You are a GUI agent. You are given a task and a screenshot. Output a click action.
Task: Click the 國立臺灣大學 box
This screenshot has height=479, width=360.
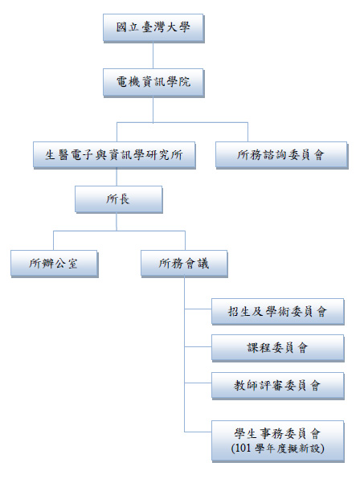coord(153,28)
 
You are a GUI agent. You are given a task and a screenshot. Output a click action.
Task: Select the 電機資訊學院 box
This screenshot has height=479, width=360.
coord(153,83)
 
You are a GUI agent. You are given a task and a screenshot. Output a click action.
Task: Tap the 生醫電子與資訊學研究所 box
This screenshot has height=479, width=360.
coord(114,155)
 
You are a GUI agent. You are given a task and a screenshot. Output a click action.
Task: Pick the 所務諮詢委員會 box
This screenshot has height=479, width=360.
coord(281,155)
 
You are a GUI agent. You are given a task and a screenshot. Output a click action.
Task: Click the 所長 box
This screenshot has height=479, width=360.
coord(119,199)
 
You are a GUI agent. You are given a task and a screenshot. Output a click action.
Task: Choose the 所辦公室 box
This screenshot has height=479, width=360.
coord(55,264)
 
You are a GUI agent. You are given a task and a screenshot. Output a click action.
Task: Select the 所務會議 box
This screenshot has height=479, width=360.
coord(184,264)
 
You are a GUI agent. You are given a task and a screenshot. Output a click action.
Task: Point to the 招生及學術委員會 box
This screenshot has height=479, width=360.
coord(278,312)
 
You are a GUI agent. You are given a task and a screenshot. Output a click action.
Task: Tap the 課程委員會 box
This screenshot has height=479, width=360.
coord(278,348)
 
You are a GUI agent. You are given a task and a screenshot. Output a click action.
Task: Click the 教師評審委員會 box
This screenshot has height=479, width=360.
coord(278,386)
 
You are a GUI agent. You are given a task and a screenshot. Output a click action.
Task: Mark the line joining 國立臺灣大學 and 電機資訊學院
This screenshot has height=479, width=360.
coord(153,55)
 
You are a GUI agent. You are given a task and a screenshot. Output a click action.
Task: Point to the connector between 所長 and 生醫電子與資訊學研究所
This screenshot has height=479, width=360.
coord(117,178)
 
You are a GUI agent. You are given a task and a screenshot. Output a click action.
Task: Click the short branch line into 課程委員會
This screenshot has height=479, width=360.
coord(198,346)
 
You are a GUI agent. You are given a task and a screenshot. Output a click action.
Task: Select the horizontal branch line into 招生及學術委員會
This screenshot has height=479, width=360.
coord(198,309)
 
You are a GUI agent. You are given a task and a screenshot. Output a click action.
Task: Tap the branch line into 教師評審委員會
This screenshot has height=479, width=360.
coord(198,383)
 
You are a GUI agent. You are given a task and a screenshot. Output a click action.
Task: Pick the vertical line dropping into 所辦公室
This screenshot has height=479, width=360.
coord(53,241)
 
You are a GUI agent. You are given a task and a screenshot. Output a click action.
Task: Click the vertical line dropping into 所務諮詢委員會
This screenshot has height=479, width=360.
coord(247,133)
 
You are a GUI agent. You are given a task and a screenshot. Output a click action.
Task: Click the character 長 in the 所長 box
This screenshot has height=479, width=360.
coord(124,199)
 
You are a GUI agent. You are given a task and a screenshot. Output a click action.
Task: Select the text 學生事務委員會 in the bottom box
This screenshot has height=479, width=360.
coord(277,434)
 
